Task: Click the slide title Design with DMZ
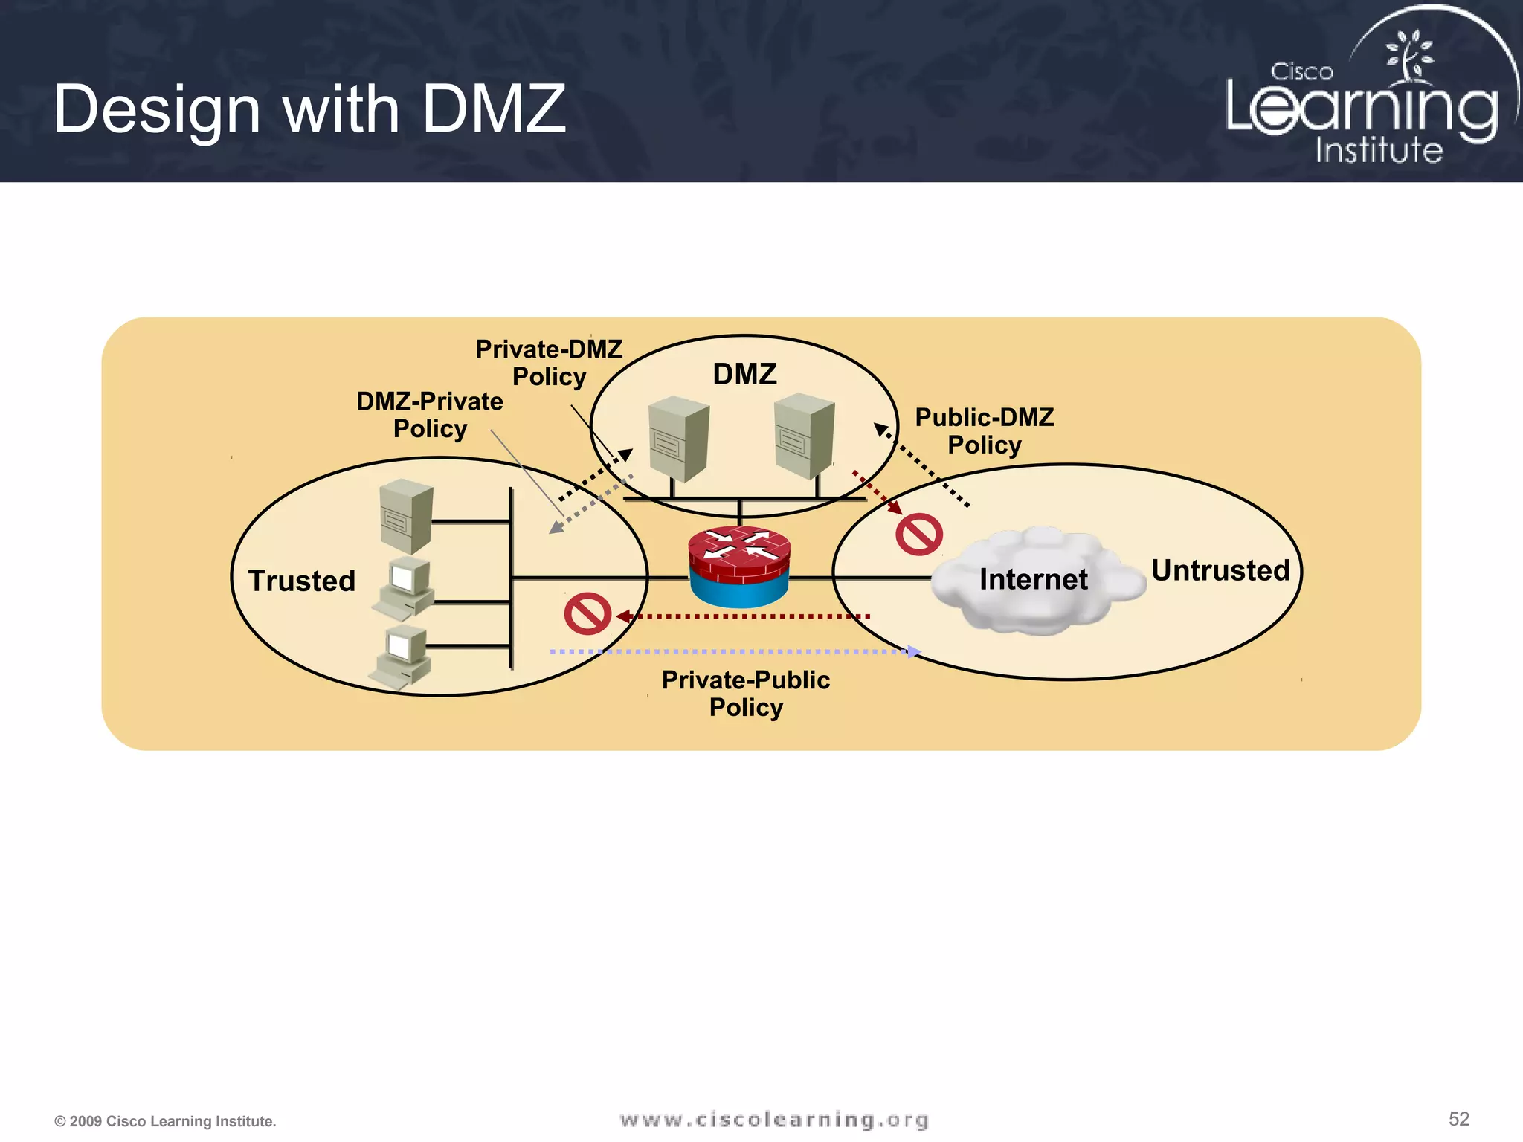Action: [x=309, y=109]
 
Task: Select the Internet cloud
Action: [x=1037, y=580]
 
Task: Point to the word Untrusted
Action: [x=1220, y=571]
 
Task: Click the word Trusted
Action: [x=302, y=581]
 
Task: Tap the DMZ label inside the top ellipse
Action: [x=744, y=374]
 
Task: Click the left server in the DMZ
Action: [x=677, y=439]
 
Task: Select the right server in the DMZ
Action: [x=803, y=436]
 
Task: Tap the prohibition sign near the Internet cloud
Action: [x=919, y=535]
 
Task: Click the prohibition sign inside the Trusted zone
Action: [x=587, y=613]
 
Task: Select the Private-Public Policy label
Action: [x=746, y=694]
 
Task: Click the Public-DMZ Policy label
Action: [x=984, y=431]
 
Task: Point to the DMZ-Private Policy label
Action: [x=430, y=415]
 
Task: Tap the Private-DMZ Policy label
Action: [x=549, y=363]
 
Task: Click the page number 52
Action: [x=1458, y=1120]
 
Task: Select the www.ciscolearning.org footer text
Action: [x=774, y=1120]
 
